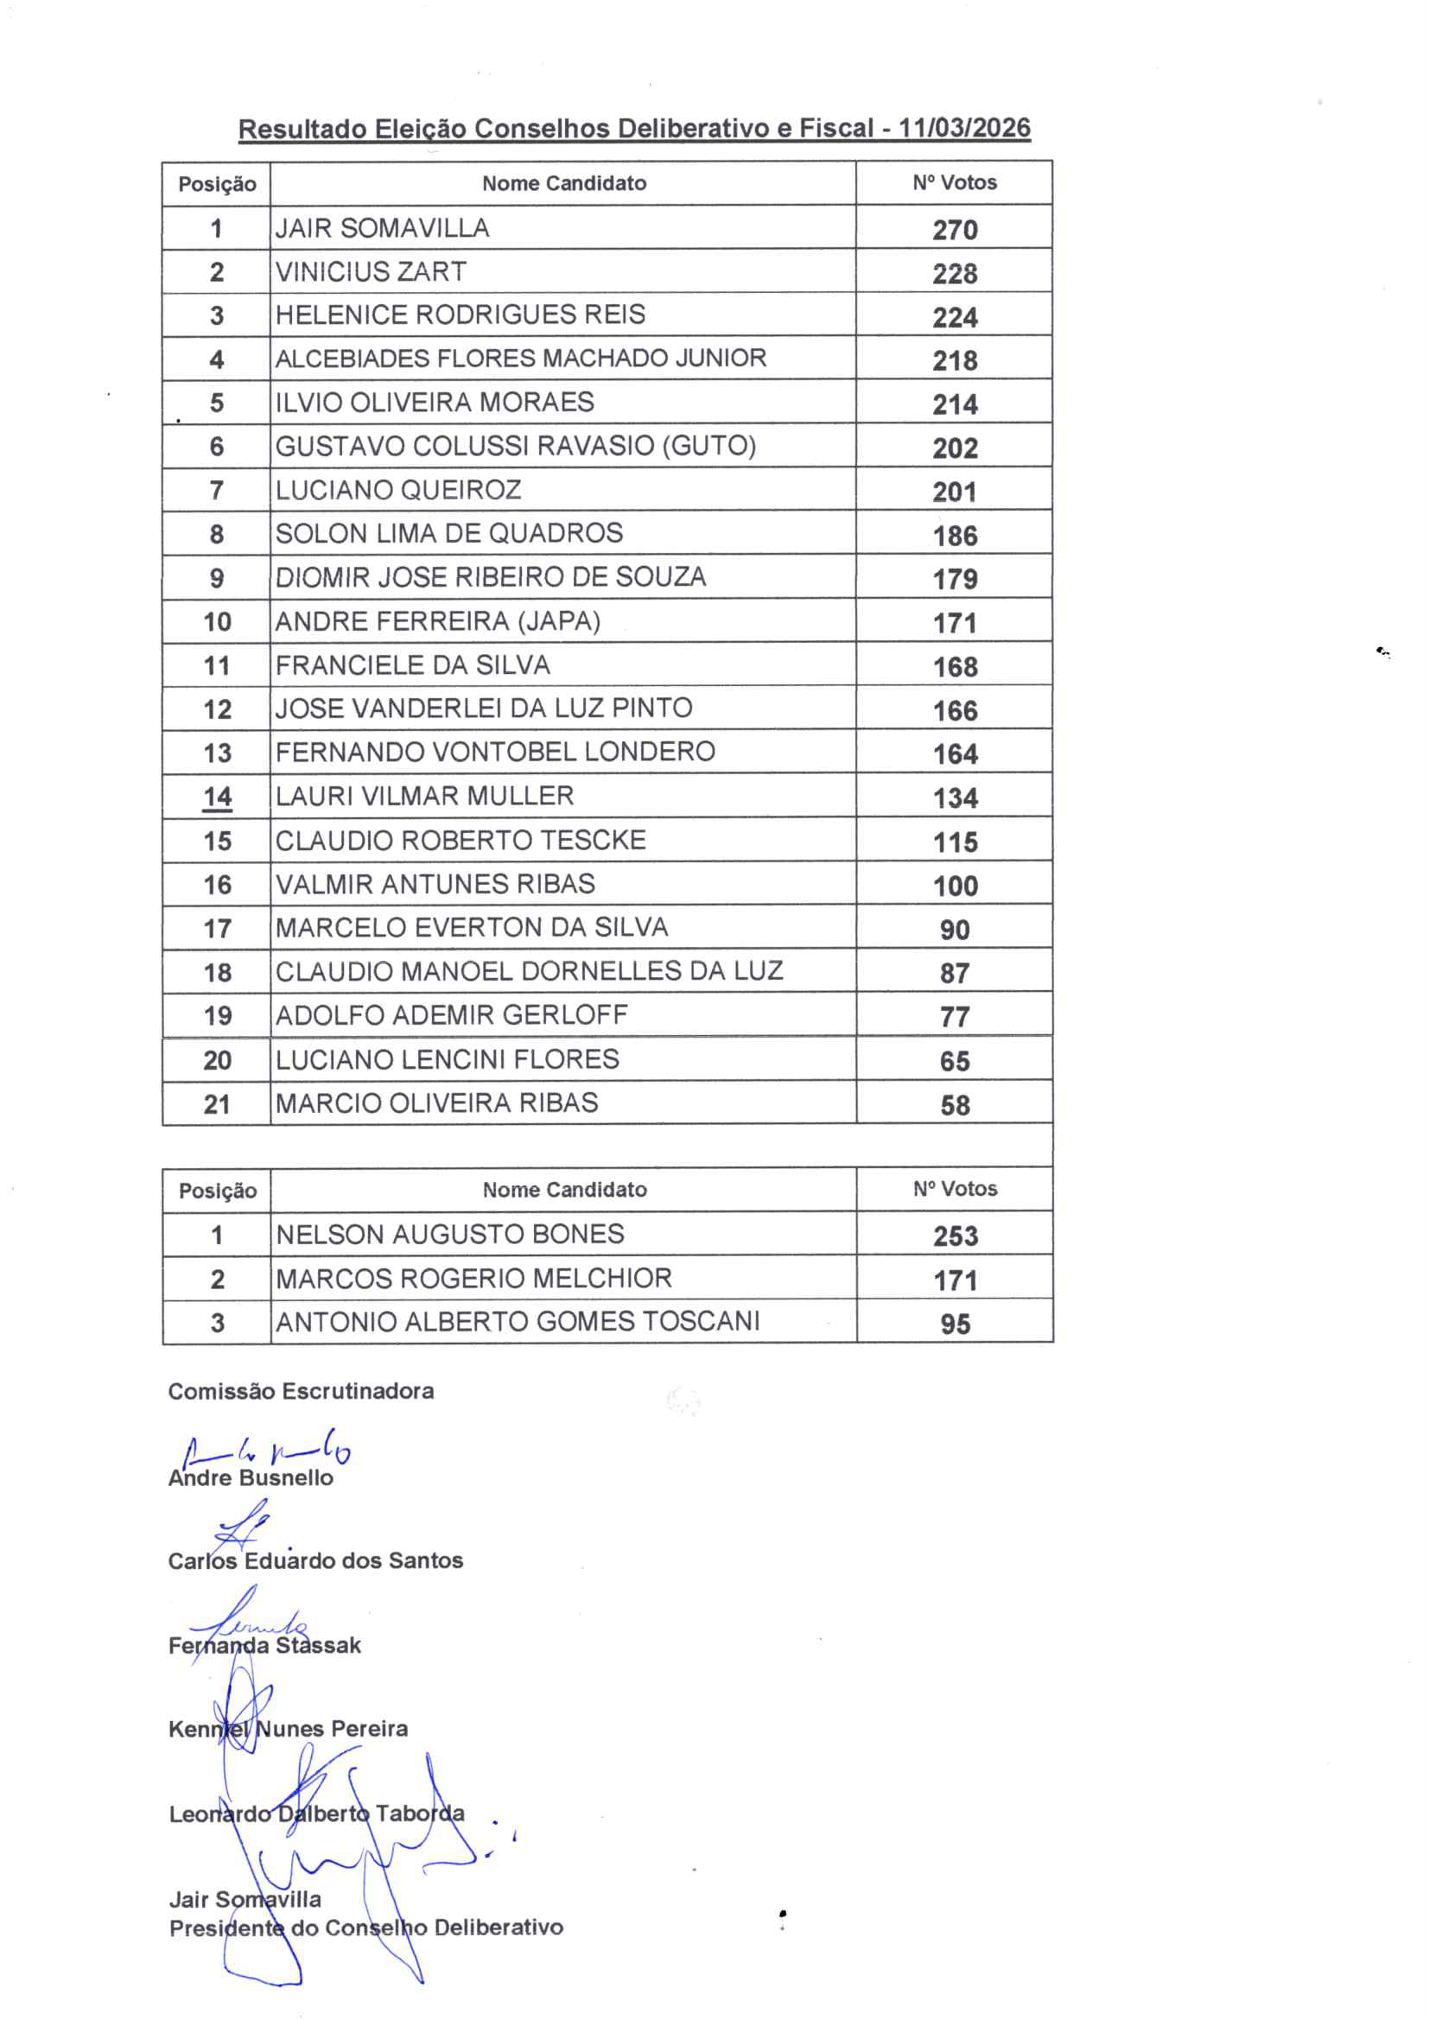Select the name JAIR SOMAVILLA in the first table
[x=382, y=228]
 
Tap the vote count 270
[x=955, y=230]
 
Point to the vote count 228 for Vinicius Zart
[x=955, y=274]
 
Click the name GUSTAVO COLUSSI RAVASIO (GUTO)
[x=516, y=446]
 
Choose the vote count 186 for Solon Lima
[x=955, y=536]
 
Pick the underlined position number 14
[x=218, y=797]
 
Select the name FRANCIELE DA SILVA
[x=413, y=665]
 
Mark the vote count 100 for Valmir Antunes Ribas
[x=956, y=886]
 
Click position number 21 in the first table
[x=218, y=1104]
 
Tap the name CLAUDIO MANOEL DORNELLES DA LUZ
[x=529, y=971]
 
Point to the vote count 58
[x=955, y=1105]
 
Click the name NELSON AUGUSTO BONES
[x=449, y=1235]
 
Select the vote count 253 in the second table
[x=956, y=1236]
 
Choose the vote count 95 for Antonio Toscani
[x=955, y=1324]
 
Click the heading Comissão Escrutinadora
[x=301, y=1391]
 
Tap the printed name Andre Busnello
[x=251, y=1478]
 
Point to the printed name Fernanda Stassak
[x=265, y=1645]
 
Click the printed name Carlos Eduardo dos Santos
[x=315, y=1560]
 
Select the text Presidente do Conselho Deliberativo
[x=366, y=1928]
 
